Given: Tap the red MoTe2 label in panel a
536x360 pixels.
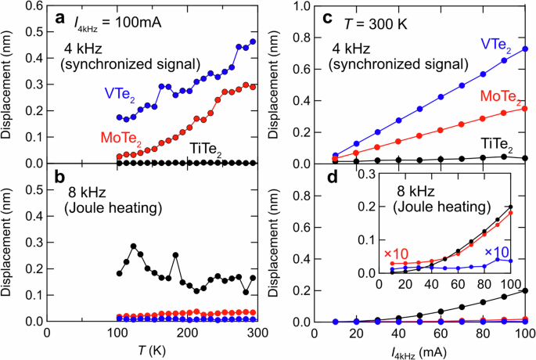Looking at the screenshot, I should (79, 139).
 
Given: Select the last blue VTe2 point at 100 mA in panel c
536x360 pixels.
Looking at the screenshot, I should (524, 49).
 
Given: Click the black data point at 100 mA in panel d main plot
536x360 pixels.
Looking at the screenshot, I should (524, 290).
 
